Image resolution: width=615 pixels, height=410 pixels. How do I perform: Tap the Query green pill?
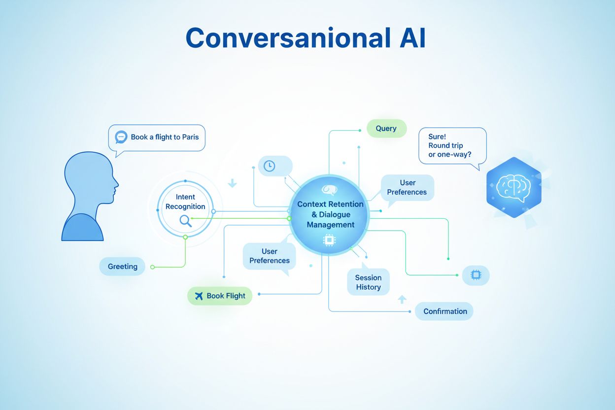pos(386,129)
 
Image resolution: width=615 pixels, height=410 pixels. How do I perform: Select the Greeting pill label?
pos(123,267)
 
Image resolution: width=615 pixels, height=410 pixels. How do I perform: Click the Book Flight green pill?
pos(220,296)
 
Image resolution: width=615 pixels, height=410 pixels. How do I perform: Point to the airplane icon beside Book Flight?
pos(199,296)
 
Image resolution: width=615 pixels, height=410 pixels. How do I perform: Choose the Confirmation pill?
pos(444,311)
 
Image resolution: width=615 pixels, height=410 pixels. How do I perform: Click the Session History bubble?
pos(368,282)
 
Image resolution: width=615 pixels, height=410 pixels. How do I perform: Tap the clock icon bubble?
pos(270,166)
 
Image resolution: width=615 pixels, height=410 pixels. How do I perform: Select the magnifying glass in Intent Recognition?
pos(186,220)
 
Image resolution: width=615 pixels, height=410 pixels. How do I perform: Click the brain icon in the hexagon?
pos(513,187)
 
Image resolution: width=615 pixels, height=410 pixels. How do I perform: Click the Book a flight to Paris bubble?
pos(157,137)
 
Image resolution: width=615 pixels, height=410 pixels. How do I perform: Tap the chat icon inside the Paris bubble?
pos(121,137)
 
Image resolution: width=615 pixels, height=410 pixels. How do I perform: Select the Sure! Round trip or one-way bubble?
pos(452,145)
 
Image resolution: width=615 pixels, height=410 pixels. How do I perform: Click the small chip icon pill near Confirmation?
pos(476,275)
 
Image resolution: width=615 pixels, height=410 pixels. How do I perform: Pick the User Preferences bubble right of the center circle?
pos(407,187)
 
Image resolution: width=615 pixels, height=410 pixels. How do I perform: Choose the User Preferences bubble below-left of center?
pos(270,256)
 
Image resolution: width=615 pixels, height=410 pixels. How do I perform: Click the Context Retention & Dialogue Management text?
pos(330,214)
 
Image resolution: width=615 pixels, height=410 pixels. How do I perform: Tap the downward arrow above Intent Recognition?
pos(232,183)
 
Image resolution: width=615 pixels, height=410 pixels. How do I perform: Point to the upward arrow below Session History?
pos(402,299)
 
